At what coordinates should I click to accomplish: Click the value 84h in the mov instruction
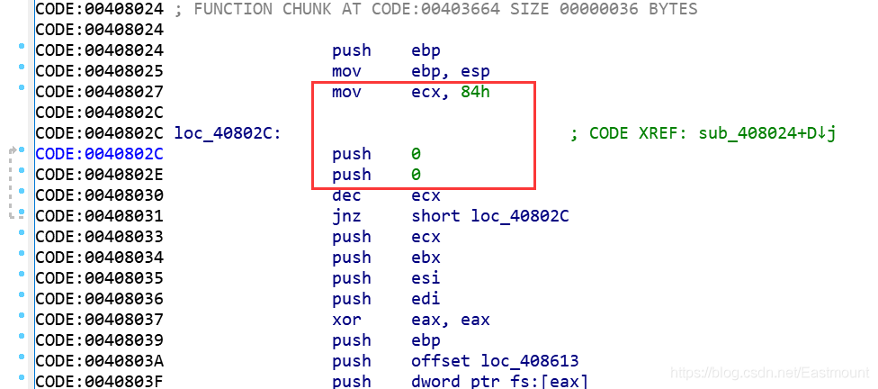coord(475,92)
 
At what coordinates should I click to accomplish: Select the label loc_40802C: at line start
coord(228,134)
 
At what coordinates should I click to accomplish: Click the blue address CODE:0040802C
coord(100,154)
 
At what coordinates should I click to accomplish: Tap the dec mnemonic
coord(346,195)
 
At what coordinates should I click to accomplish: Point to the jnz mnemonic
coord(346,216)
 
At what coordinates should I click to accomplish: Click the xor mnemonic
coord(346,320)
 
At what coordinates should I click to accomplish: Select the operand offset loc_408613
coord(495,361)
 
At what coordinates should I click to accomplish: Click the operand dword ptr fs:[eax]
coord(500,382)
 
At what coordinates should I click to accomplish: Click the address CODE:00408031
coord(100,216)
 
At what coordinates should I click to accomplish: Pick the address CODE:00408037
coord(100,320)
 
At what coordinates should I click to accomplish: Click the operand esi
coord(426,278)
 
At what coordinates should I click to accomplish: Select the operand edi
coord(426,299)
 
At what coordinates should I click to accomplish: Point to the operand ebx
coord(426,258)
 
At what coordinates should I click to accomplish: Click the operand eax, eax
coord(451,320)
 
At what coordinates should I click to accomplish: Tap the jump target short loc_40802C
coord(490,216)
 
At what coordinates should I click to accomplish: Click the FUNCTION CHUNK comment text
coord(436,10)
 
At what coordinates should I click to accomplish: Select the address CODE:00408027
coord(100,92)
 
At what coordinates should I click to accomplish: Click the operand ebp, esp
coord(451,72)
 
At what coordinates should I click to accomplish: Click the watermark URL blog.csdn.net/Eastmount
coord(769,373)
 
